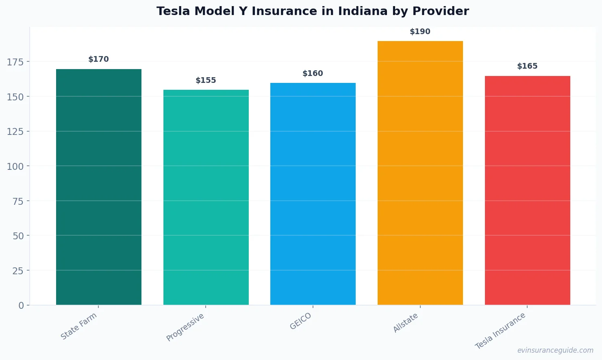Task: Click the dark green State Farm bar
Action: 99,187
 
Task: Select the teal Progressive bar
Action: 206,197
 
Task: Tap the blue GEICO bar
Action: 313,194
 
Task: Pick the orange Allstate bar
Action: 420,173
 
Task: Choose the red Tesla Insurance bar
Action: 527,190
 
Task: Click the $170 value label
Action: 99,59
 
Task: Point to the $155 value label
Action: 206,80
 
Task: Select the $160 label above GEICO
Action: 313,74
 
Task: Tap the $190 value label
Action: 420,32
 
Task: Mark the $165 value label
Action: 527,66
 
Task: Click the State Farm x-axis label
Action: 79,326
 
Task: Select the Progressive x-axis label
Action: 185,327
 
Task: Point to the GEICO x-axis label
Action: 301,321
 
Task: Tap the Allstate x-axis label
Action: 406,323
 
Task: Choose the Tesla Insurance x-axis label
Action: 500,331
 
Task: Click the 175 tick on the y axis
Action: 15,62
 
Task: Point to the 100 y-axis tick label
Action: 15,166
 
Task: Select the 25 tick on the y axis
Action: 18,271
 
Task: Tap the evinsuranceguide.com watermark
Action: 555,350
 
